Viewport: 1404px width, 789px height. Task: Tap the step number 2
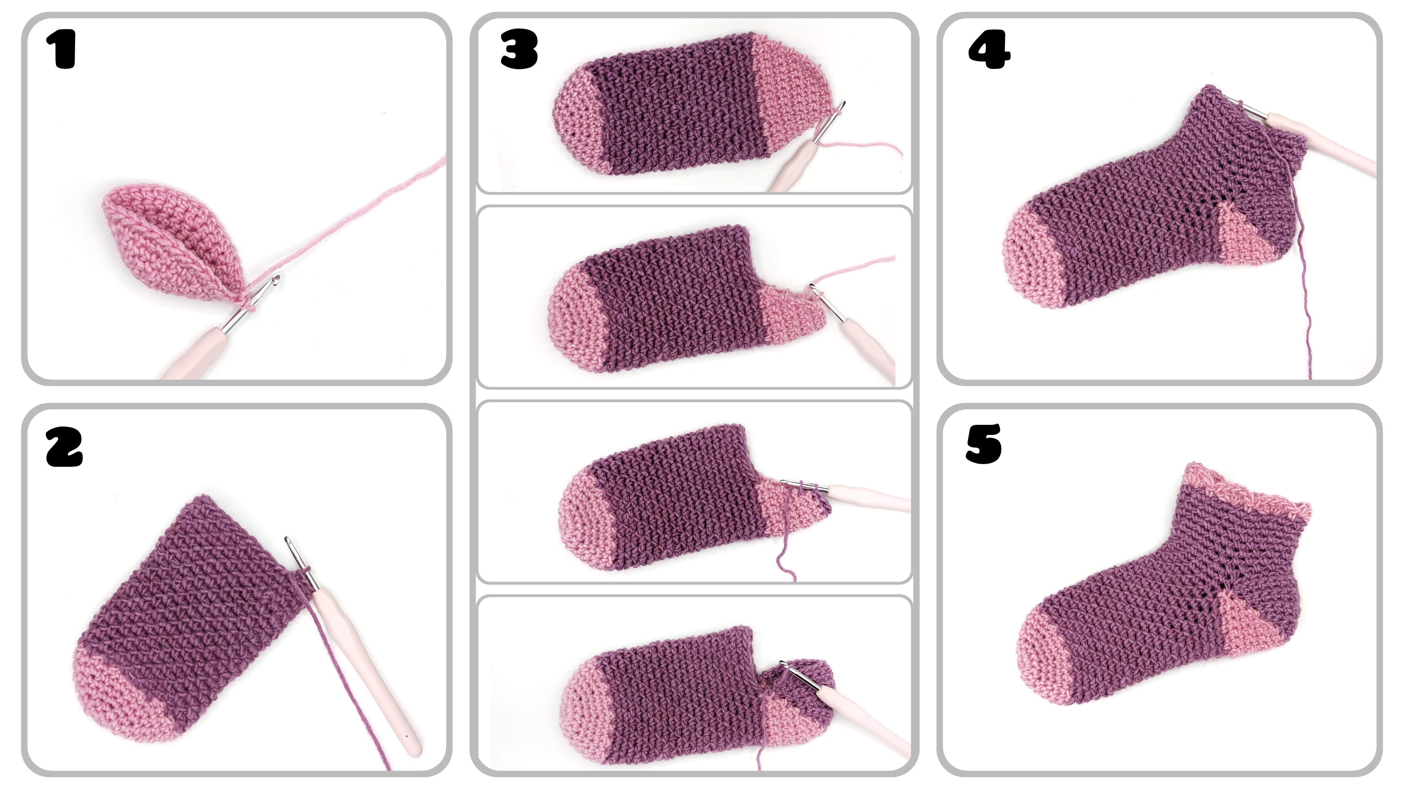coord(64,447)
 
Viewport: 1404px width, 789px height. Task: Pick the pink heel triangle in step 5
coord(1248,624)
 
